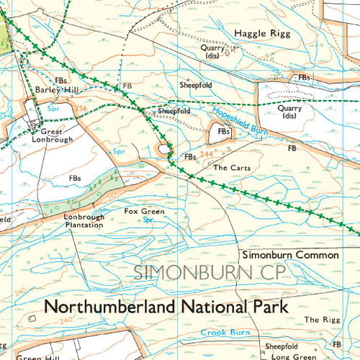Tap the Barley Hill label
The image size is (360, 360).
click(54, 89)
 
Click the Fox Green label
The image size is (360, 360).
click(144, 212)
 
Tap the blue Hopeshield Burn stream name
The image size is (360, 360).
click(241, 118)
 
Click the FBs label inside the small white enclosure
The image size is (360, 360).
click(224, 132)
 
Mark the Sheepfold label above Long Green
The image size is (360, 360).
click(282, 347)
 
